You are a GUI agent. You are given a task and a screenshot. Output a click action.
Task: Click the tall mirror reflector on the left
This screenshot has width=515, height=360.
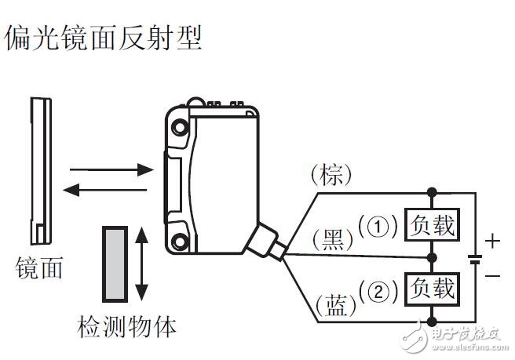pyautogui.click(x=39, y=168)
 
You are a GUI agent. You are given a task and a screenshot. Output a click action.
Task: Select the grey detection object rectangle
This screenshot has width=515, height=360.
pyautogui.click(x=115, y=264)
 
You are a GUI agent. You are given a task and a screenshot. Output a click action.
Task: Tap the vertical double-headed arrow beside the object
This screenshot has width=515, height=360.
pyautogui.click(x=142, y=264)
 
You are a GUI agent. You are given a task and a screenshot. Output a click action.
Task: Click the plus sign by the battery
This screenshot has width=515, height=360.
pyautogui.click(x=491, y=241)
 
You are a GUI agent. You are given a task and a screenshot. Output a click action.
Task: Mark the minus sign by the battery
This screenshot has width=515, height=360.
pyautogui.click(x=491, y=275)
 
